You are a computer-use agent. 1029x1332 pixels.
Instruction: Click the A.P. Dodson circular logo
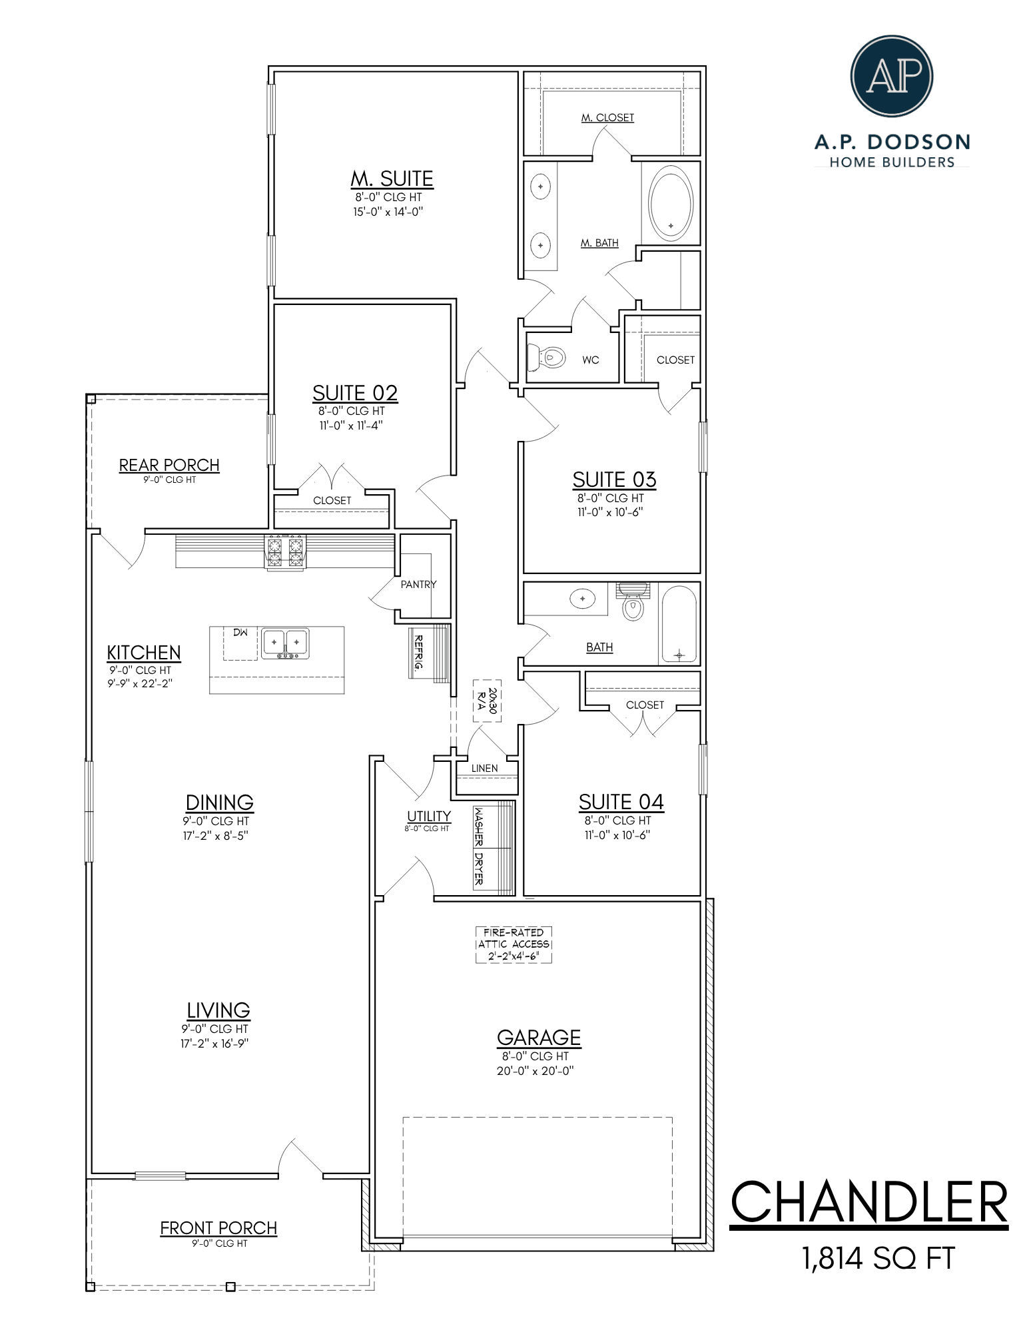click(892, 76)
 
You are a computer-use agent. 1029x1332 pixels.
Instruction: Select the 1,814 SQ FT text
click(878, 1259)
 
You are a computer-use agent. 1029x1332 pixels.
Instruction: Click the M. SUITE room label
click(392, 178)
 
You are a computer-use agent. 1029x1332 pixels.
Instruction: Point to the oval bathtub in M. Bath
click(671, 204)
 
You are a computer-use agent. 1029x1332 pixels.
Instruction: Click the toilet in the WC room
click(545, 357)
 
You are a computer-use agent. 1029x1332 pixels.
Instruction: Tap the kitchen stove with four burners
click(285, 553)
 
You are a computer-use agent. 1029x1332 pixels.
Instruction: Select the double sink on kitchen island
click(285, 643)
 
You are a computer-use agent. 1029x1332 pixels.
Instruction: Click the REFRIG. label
click(419, 655)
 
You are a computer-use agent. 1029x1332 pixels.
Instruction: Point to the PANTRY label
click(418, 584)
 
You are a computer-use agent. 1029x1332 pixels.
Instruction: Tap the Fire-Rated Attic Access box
click(514, 944)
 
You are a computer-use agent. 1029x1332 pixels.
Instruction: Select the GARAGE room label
click(539, 1038)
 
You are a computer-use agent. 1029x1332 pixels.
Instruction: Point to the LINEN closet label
click(484, 768)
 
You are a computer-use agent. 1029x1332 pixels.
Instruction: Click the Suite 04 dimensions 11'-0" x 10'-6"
click(617, 835)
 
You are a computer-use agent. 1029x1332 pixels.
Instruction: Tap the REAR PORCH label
click(169, 465)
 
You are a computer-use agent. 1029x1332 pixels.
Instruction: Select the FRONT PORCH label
click(218, 1228)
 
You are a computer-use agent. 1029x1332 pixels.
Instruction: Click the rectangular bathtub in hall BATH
click(679, 623)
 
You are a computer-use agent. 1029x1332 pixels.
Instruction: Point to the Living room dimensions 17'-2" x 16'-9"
click(214, 1044)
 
